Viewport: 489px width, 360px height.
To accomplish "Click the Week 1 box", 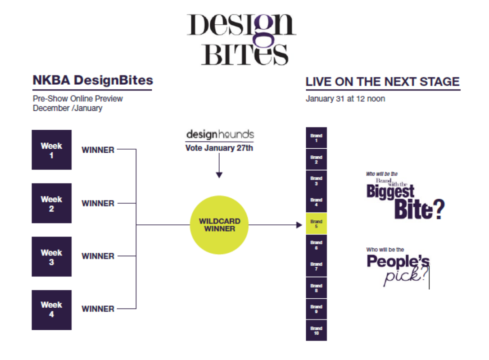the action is click(52, 150).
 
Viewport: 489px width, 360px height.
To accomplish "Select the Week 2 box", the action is click(52, 203).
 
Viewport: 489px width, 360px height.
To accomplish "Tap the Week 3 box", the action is click(52, 256).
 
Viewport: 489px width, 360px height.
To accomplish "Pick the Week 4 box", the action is click(52, 310).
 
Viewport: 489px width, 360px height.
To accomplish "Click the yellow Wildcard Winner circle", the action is click(219, 225).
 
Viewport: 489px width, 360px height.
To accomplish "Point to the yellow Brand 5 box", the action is click(316, 223).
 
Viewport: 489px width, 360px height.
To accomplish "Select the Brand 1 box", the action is click(316, 137).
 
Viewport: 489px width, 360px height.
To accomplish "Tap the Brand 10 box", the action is click(316, 330).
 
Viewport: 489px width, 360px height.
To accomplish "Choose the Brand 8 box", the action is click(316, 287).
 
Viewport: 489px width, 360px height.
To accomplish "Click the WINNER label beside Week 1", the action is click(98, 150).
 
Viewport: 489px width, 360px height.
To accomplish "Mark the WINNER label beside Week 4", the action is click(98, 309).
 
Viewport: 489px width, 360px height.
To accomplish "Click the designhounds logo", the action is click(220, 134).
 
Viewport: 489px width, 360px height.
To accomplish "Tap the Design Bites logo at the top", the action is click(242, 40).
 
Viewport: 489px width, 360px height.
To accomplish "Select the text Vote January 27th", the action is click(219, 148).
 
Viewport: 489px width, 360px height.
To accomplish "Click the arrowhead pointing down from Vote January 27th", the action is click(219, 175).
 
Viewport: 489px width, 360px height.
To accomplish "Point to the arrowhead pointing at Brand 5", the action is click(299, 225).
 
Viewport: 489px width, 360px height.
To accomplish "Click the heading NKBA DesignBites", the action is click(93, 80).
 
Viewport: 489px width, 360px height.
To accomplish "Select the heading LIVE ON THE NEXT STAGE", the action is click(383, 82).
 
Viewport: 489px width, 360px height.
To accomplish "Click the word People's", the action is click(398, 261).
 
